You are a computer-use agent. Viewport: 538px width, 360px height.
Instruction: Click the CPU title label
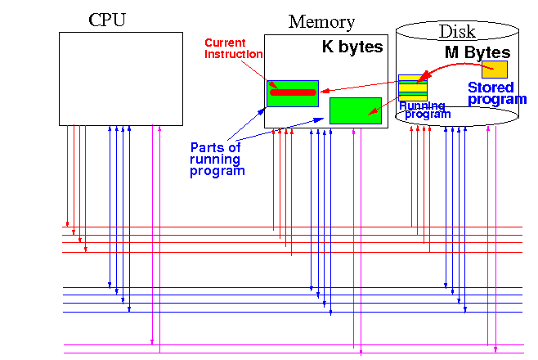click(x=107, y=20)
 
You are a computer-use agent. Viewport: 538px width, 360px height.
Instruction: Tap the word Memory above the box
click(x=321, y=22)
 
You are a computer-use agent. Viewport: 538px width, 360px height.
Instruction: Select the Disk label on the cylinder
click(x=457, y=32)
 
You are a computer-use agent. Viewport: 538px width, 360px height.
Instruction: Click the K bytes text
click(x=352, y=47)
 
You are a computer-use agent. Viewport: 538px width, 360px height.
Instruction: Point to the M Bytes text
click(x=477, y=52)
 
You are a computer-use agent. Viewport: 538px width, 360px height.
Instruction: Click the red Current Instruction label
click(x=234, y=48)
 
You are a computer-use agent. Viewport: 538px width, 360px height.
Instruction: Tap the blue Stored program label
click(x=497, y=93)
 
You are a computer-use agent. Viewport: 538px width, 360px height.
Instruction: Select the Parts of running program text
click(x=217, y=160)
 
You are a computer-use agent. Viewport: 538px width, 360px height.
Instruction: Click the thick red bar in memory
click(x=293, y=92)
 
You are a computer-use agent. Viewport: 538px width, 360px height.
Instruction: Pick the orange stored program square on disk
click(x=495, y=70)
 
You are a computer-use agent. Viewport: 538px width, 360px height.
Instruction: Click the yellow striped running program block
click(x=413, y=88)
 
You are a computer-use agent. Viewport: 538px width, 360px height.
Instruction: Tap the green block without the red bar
click(x=356, y=110)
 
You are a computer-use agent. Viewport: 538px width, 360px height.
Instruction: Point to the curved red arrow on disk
click(x=456, y=65)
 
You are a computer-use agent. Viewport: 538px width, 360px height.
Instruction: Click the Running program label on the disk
click(x=425, y=110)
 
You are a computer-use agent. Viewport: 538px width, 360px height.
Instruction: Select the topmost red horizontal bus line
click(x=292, y=227)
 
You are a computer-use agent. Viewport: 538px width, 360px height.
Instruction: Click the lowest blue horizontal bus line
click(x=293, y=312)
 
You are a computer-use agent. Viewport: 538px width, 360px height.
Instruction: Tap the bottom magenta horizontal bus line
click(x=294, y=353)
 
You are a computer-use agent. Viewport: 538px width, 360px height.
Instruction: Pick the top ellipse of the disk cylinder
click(x=457, y=21)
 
